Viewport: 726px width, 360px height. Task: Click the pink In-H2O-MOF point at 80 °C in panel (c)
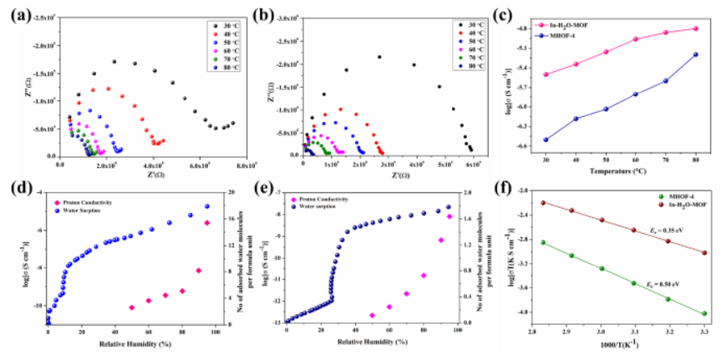click(x=695, y=28)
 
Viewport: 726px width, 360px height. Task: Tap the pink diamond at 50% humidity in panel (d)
click(x=131, y=307)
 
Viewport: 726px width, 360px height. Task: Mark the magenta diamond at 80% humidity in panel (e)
click(x=424, y=275)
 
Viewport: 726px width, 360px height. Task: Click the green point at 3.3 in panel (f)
click(x=703, y=314)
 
